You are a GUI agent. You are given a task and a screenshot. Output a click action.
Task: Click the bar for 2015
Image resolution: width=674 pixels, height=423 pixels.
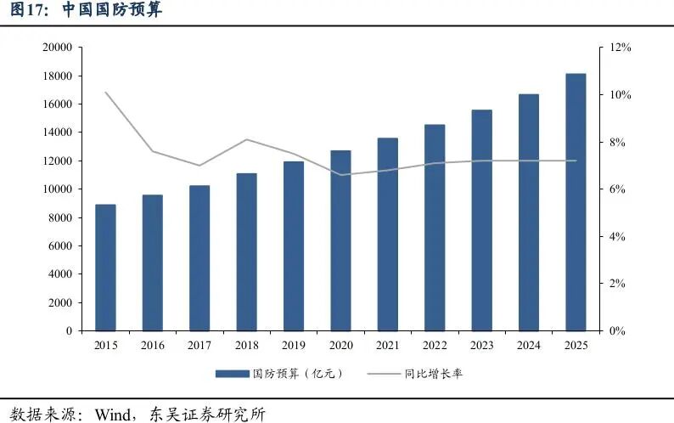(105, 268)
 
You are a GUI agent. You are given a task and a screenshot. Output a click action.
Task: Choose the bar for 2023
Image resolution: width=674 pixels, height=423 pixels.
(481, 220)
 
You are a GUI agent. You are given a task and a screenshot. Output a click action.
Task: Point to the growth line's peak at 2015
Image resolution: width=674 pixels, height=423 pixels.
(105, 92)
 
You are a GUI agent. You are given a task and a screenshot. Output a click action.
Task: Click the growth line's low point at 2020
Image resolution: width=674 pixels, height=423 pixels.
(340, 175)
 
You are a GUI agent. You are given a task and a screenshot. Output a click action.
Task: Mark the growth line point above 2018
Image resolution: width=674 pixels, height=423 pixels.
(246, 139)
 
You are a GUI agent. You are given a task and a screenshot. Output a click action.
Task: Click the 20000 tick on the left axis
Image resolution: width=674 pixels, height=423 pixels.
(57, 48)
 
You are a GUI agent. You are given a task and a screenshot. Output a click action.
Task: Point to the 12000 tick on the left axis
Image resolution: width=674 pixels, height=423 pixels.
(57, 161)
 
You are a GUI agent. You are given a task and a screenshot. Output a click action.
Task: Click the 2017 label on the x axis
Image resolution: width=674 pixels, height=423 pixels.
(199, 345)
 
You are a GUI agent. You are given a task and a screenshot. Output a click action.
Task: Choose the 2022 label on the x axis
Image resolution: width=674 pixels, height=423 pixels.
(435, 345)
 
